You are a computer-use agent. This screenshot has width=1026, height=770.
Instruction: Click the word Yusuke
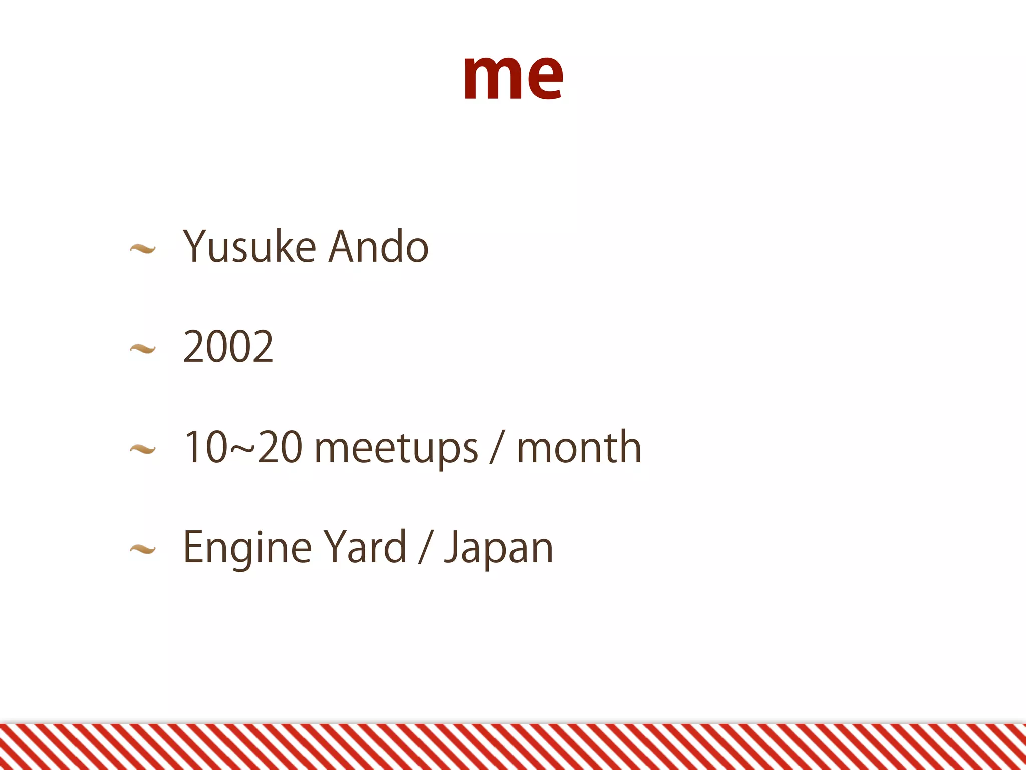[249, 246]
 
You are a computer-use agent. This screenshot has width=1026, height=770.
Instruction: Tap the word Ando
[379, 246]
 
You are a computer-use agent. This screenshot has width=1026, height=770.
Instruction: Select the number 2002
[228, 346]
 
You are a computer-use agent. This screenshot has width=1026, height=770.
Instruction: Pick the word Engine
[247, 548]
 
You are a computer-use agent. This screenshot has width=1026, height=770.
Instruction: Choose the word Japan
[499, 548]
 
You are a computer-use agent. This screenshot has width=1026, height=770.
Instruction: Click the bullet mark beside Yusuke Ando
[143, 248]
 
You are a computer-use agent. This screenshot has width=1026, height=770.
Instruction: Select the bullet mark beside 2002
[143, 348]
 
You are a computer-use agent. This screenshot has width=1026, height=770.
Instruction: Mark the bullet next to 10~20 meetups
[143, 449]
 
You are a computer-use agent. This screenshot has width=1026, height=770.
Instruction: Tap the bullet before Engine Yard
[143, 550]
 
